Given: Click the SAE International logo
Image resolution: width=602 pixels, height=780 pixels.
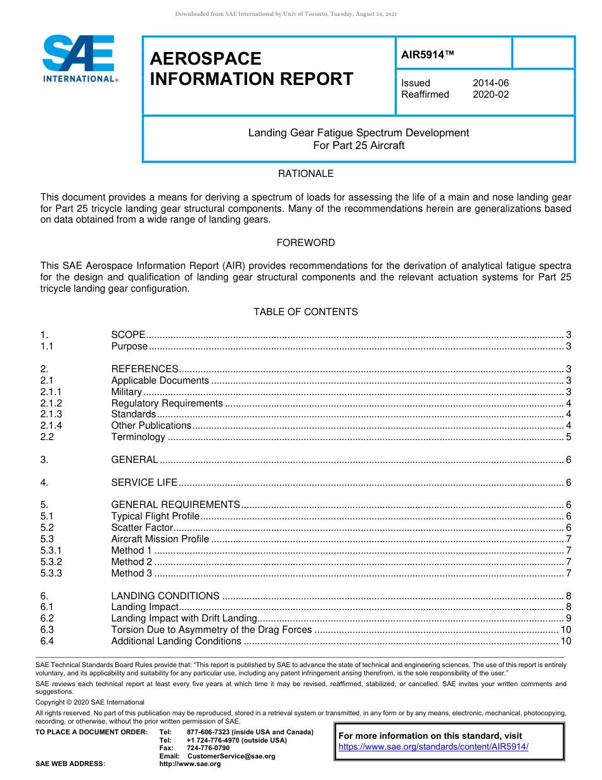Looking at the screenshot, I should [x=79, y=58].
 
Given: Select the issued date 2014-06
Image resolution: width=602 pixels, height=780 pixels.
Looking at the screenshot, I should [x=490, y=83].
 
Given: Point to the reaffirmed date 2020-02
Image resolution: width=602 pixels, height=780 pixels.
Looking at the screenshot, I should [x=490, y=94].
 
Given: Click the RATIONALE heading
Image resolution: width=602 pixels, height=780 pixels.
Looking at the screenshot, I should [x=305, y=174].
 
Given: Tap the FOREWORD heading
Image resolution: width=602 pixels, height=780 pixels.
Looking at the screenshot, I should [x=305, y=243].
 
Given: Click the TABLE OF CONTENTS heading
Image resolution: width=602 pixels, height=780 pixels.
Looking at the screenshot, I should [x=305, y=312].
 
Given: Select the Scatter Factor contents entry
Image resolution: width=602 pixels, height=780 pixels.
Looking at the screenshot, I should [x=142, y=528].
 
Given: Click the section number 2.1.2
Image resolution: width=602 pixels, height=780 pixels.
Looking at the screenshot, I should [x=51, y=403].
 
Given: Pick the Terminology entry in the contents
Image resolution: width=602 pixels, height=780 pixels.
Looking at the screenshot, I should [x=138, y=437].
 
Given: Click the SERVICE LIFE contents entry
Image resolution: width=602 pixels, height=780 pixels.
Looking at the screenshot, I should [x=144, y=483].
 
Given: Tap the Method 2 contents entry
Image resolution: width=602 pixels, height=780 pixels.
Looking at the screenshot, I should [x=132, y=562].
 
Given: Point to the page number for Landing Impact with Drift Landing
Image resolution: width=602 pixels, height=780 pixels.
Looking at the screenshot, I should [x=568, y=618].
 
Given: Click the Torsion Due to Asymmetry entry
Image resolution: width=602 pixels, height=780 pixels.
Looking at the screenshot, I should [x=212, y=630].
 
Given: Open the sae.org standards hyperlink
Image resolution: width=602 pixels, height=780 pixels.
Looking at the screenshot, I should [x=433, y=747].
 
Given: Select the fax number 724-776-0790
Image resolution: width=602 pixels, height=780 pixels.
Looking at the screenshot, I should [x=208, y=748].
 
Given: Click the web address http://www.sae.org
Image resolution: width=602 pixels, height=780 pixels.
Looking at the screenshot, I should [x=190, y=764].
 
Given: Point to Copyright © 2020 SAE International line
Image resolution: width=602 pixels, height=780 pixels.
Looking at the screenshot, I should [x=90, y=702].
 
